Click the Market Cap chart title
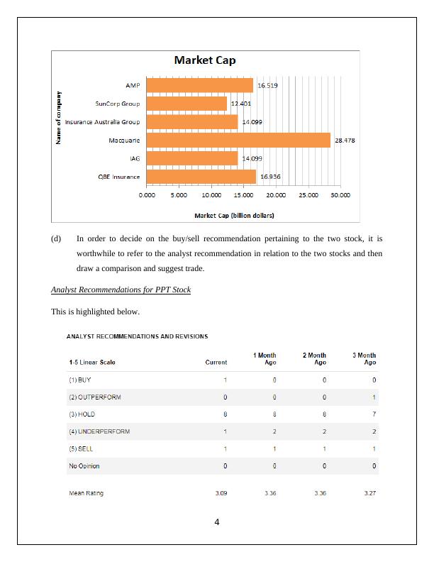click(205, 61)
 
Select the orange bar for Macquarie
click(238, 140)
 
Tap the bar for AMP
click(199, 86)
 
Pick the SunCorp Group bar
click(187, 104)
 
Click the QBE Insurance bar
click(201, 177)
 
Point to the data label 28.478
click(345, 140)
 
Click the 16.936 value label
click(270, 177)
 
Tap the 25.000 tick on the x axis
click(308, 194)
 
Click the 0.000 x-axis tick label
click(148, 194)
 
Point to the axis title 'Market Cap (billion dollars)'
click(234, 215)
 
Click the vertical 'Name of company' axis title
click(60, 119)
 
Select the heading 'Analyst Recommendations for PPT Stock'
click(121, 290)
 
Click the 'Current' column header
click(216, 363)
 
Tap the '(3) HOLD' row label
click(84, 414)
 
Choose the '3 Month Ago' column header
click(364, 359)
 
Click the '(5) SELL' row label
click(81, 448)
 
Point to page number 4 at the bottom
click(217, 523)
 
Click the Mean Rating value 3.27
click(369, 493)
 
